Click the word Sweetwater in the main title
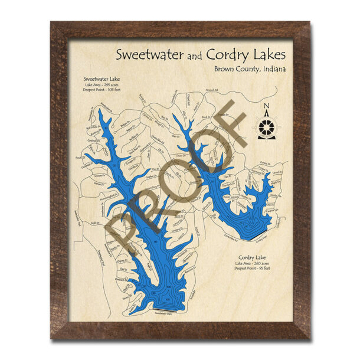[151, 55]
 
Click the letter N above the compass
[267, 107]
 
